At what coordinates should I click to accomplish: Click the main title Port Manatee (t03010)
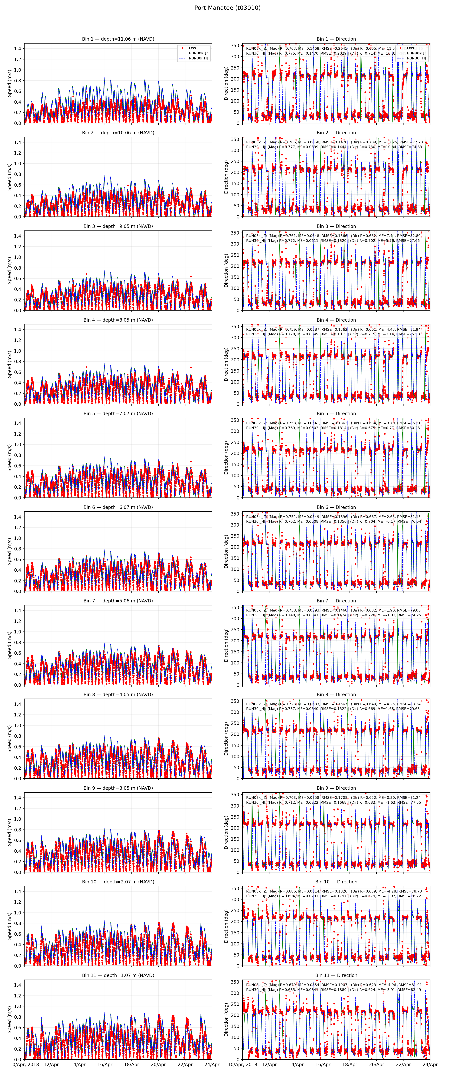(x=227, y=7)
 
